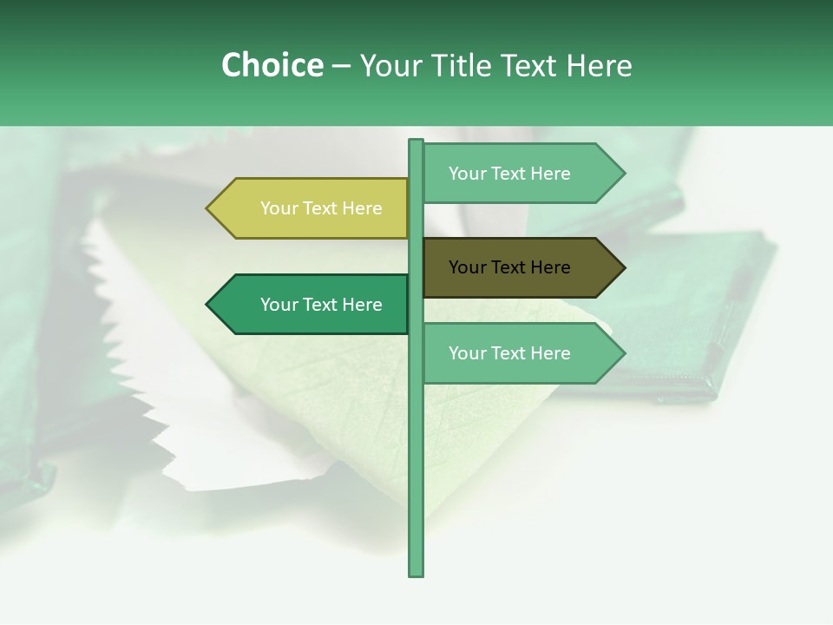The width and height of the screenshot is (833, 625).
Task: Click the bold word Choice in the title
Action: point(272,66)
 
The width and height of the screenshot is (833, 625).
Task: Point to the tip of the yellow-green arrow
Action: point(208,208)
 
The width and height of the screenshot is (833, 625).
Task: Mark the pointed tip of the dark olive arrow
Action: point(623,267)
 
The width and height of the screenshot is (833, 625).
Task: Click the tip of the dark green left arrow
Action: point(208,305)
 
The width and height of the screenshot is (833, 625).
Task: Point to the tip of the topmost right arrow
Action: point(623,174)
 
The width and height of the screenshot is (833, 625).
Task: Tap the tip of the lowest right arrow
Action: point(623,353)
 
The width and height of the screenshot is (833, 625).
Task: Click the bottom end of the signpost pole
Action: point(416,573)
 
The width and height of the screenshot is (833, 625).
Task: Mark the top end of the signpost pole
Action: point(416,142)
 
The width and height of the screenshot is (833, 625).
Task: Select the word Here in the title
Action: point(599,66)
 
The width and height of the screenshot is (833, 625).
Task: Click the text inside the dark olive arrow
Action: point(509,267)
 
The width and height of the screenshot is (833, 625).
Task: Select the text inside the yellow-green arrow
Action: point(321,208)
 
